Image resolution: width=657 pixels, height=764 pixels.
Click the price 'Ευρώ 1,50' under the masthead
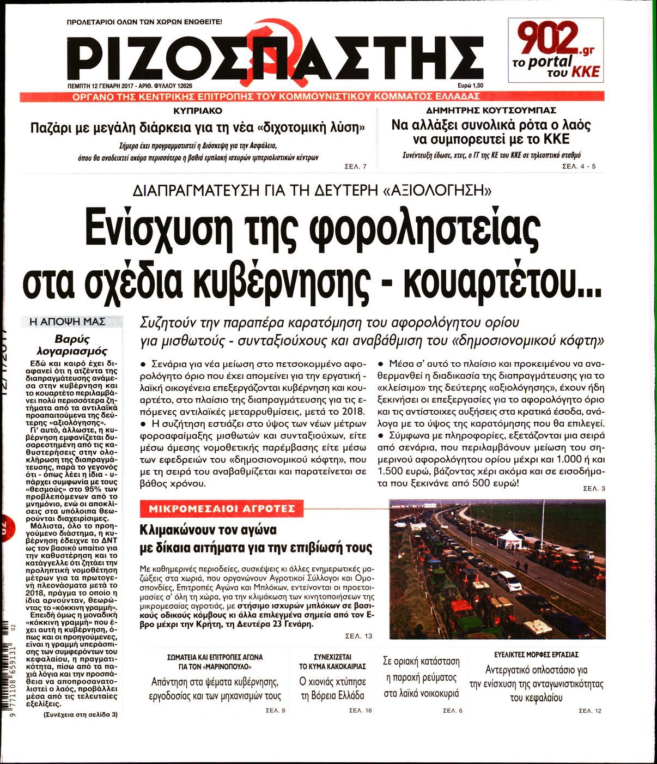pyautogui.click(x=470, y=86)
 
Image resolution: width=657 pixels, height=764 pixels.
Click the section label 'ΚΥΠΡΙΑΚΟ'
pyautogui.click(x=198, y=111)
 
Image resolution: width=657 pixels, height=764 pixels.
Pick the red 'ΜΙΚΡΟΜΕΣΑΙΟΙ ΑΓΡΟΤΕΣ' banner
pyautogui.click(x=218, y=509)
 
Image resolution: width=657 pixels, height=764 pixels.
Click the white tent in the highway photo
pyautogui.click(x=510, y=538)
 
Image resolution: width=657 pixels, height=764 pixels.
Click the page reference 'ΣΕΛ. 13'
pyautogui.click(x=358, y=636)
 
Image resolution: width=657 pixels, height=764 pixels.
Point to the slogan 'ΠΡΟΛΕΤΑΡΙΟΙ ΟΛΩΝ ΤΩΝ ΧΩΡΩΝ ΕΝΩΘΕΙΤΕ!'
pyautogui.click(x=144, y=23)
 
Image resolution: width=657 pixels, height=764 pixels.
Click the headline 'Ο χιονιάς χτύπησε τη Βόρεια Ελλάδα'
pyautogui.click(x=332, y=688)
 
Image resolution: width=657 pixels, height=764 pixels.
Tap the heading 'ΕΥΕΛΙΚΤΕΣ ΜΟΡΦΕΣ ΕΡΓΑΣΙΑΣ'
pyautogui.click(x=536, y=654)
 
